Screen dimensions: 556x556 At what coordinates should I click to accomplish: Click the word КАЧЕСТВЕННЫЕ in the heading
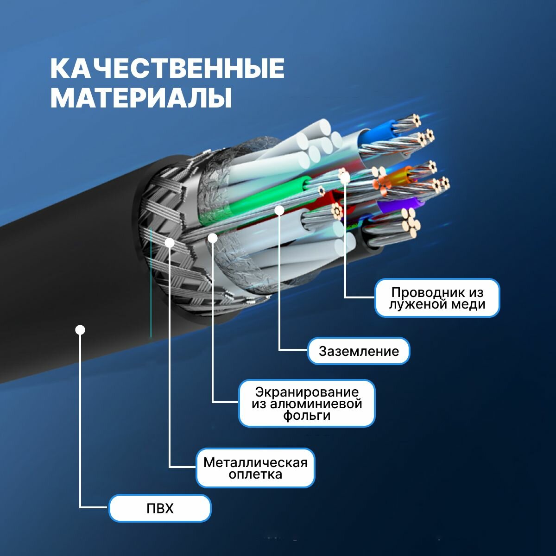(167, 69)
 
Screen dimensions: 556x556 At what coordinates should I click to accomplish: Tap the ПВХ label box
(160, 508)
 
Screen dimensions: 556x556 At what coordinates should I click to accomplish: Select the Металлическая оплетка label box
(255, 468)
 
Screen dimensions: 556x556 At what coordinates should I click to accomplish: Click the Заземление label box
(359, 351)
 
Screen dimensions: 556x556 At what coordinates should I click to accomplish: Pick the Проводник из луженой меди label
(437, 298)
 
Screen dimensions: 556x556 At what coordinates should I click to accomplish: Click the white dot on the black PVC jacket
(80, 330)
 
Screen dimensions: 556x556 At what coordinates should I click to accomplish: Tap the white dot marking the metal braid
(170, 242)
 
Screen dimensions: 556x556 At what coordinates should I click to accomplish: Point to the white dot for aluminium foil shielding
(213, 238)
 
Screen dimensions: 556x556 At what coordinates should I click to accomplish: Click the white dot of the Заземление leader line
(279, 210)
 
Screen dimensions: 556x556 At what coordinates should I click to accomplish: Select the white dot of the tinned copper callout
(344, 176)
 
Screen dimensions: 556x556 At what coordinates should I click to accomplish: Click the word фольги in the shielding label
(307, 416)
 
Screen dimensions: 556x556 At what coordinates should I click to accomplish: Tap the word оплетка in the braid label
(255, 474)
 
